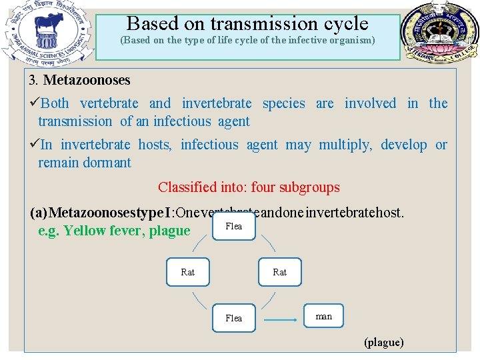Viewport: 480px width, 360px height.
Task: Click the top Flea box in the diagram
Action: click(234, 227)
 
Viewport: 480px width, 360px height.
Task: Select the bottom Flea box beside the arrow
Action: click(234, 318)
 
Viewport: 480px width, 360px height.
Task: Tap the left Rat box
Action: click(188, 272)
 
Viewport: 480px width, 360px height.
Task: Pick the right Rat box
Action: click(280, 272)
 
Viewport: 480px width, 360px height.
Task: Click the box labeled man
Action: click(324, 317)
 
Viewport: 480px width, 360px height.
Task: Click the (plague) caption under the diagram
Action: click(383, 343)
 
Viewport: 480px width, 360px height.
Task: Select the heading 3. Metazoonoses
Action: click(80, 80)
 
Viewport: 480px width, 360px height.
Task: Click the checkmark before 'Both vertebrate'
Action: click(34, 103)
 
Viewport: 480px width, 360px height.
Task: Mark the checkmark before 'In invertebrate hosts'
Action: click(34, 145)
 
